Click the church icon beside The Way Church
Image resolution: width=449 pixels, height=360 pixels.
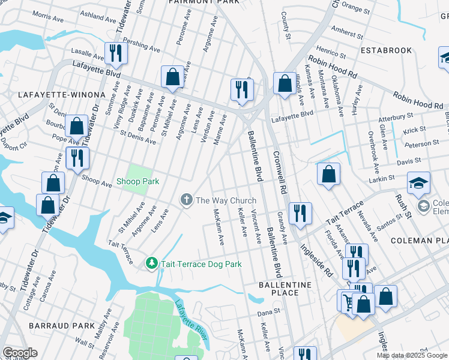pos(187,200)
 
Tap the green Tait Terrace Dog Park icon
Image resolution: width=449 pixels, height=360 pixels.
pos(152,263)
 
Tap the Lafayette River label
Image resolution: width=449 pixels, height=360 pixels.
pos(191,324)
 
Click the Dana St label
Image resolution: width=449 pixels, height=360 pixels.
pos(269,312)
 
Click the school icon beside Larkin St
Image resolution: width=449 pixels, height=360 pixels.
pos(418,183)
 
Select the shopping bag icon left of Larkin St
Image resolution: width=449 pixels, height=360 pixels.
pos(329,174)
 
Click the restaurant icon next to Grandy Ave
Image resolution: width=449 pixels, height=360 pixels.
pos(299,212)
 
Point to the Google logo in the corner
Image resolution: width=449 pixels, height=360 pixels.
pos(20,353)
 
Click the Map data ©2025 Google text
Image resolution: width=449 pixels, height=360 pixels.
pos(411,355)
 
